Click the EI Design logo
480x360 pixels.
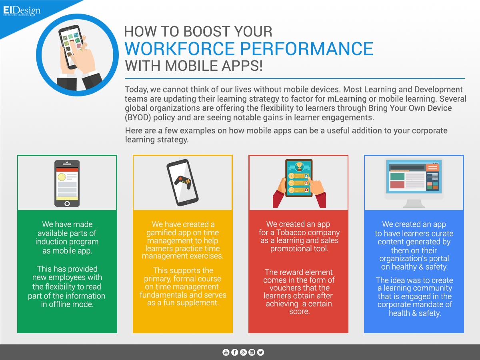point(22,11)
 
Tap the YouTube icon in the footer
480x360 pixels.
point(226,352)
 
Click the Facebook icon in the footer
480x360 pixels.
point(235,352)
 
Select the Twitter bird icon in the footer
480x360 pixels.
point(260,352)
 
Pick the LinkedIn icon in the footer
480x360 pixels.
point(252,352)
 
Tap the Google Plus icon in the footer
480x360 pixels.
point(243,352)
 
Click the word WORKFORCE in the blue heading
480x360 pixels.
point(180,48)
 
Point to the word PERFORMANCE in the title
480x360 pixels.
point(306,48)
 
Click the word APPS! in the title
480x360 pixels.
point(242,66)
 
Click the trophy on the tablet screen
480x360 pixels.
point(299,167)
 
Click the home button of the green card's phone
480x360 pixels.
point(67,204)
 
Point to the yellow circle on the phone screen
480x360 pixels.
point(62,177)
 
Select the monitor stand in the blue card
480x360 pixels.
point(414,203)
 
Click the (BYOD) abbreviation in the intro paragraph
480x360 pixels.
point(138,118)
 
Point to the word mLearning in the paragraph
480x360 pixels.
point(347,99)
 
